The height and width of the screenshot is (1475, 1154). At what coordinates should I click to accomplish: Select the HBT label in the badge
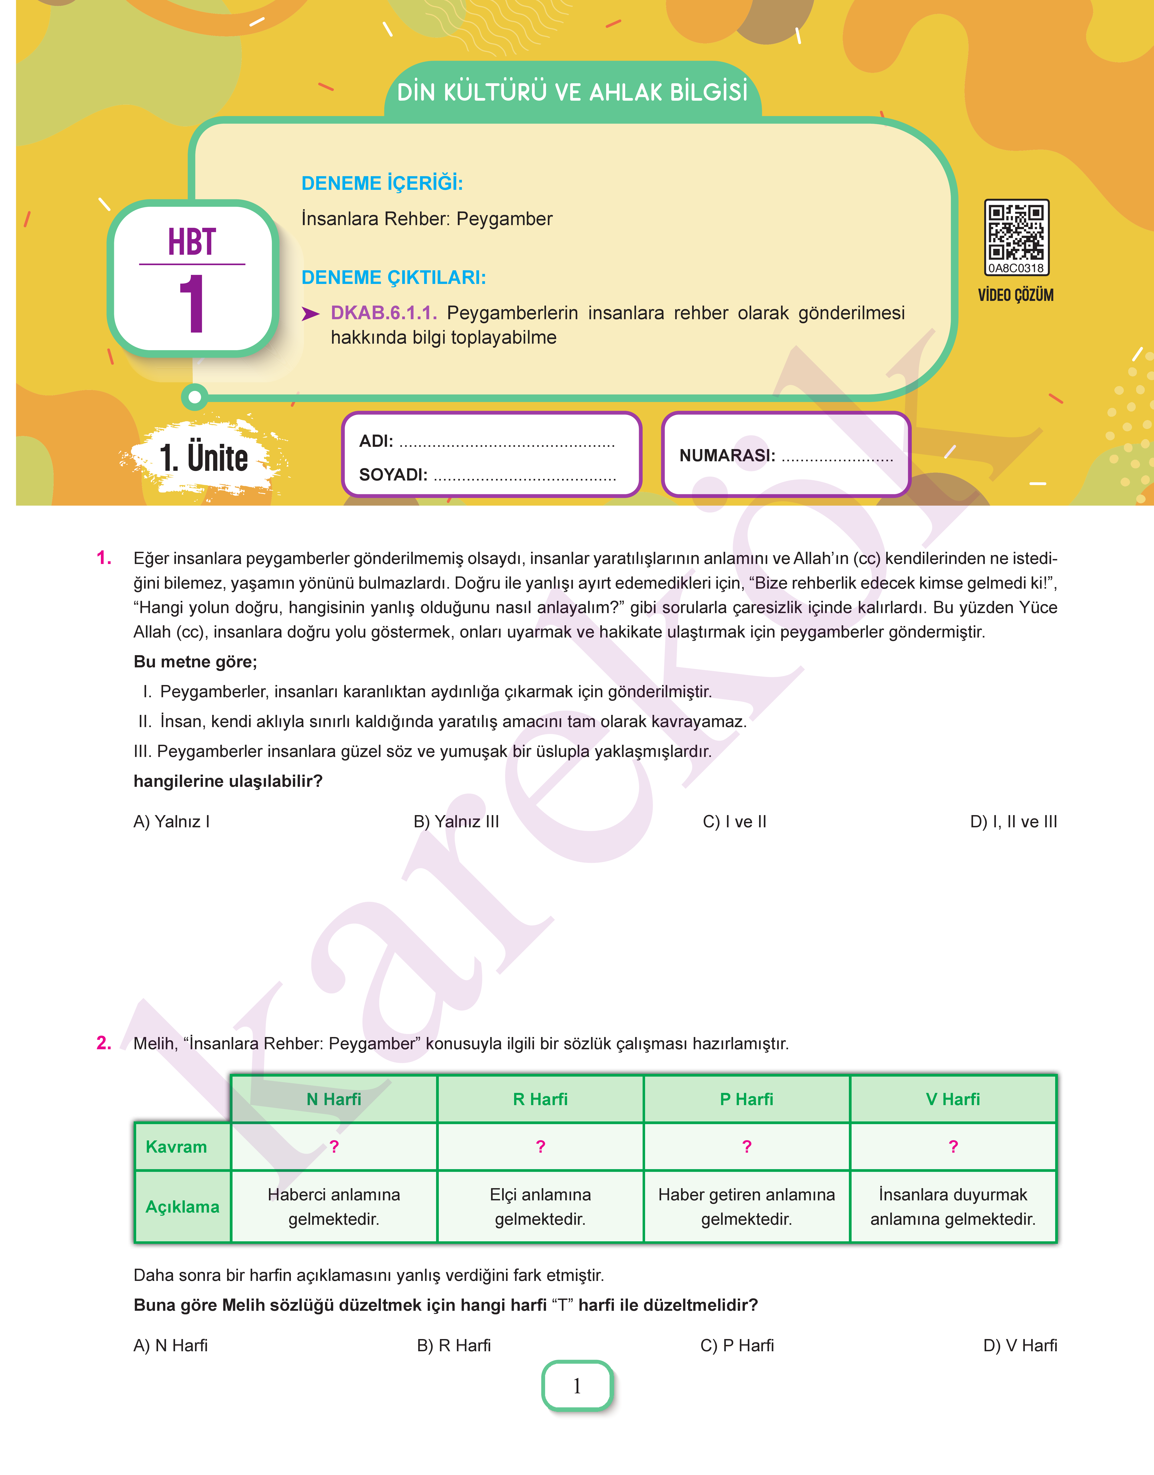click(192, 242)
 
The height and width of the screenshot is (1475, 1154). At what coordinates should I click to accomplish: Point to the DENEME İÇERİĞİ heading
click(382, 183)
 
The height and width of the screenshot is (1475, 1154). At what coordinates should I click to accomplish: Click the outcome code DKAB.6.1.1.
click(383, 313)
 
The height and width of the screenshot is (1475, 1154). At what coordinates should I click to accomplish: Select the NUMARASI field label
click(727, 455)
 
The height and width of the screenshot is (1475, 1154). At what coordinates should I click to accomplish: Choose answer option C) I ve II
click(734, 822)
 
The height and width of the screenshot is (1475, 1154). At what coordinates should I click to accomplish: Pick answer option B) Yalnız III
click(456, 822)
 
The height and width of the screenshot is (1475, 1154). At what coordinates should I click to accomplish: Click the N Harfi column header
click(334, 1099)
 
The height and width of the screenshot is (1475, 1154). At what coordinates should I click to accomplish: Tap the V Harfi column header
click(953, 1099)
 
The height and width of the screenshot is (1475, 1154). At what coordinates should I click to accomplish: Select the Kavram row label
click(176, 1147)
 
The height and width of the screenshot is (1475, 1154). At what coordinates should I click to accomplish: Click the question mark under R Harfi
click(541, 1147)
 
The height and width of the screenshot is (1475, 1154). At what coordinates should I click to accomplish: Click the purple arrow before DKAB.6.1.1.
click(310, 314)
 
